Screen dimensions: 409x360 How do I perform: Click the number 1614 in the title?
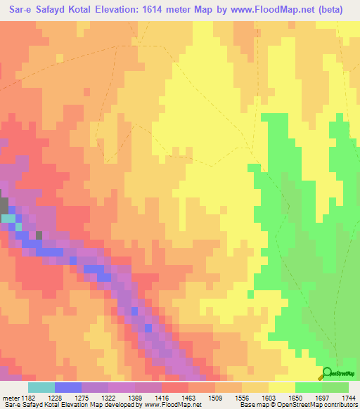[x=170, y=9]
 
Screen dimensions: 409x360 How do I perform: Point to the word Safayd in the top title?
[x=57, y=9]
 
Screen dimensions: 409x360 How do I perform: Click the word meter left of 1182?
[x=11, y=398]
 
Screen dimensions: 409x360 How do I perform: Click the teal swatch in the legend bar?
[x=41, y=387]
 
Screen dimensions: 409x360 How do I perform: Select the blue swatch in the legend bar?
[x=68, y=387]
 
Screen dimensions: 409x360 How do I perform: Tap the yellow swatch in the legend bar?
[x=282, y=387]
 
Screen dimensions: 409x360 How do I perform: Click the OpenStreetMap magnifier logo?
[x=327, y=374]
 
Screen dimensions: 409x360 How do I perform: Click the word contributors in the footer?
[x=339, y=405]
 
